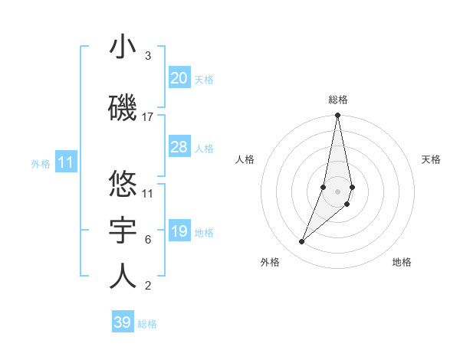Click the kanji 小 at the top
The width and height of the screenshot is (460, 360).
(x=123, y=47)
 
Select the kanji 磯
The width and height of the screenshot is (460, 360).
(x=123, y=109)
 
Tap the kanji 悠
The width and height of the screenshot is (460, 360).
(x=123, y=184)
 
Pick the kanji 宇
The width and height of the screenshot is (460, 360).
(x=123, y=231)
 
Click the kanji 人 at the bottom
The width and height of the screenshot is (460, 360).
(x=123, y=277)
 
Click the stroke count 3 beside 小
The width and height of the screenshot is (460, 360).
(x=147, y=56)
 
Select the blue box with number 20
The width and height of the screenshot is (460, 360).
(x=179, y=78)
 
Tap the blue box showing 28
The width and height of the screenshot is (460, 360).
(x=179, y=147)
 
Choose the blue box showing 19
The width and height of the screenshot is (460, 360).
(x=179, y=231)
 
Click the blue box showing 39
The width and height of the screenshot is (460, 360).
(x=122, y=322)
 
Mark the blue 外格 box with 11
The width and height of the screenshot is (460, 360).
(x=65, y=162)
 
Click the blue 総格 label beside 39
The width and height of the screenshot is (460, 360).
(x=147, y=324)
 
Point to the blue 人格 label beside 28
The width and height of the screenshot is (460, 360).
(x=204, y=149)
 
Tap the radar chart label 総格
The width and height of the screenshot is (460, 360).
(x=338, y=100)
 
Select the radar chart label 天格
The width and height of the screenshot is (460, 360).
(x=431, y=159)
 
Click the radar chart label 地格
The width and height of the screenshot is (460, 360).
(x=402, y=262)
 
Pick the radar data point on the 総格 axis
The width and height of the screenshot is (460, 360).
(x=337, y=116)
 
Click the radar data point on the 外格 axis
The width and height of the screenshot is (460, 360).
(x=301, y=242)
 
